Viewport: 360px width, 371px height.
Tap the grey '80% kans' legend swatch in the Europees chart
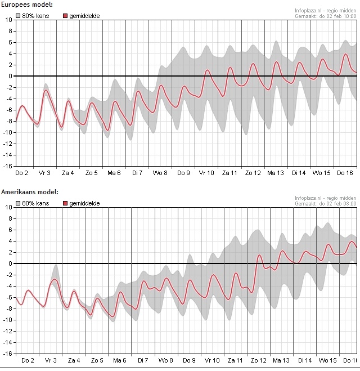click(x=19, y=16)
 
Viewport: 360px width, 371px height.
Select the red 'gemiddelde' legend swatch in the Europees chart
click(x=65, y=16)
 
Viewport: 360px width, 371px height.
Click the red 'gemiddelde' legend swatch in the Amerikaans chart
click(x=65, y=203)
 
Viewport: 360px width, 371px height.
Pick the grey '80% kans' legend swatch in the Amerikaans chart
click(x=19, y=203)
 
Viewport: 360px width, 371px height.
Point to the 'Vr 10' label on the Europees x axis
click(x=206, y=172)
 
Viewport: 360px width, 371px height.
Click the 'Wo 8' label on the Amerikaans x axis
click(x=165, y=360)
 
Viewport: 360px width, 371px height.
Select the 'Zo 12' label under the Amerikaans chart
click(x=259, y=360)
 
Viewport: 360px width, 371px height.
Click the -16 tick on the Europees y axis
click(x=8, y=166)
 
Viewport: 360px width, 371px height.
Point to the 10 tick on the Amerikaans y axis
click(x=8, y=207)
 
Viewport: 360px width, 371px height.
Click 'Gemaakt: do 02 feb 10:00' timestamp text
click(x=326, y=16)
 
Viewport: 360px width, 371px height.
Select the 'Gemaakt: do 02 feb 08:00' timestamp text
click(x=326, y=203)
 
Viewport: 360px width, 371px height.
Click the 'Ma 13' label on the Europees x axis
click(x=276, y=172)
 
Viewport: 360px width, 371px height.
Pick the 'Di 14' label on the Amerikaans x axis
click(x=305, y=360)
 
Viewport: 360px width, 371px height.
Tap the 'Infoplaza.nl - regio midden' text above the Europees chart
click(x=325, y=10)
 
